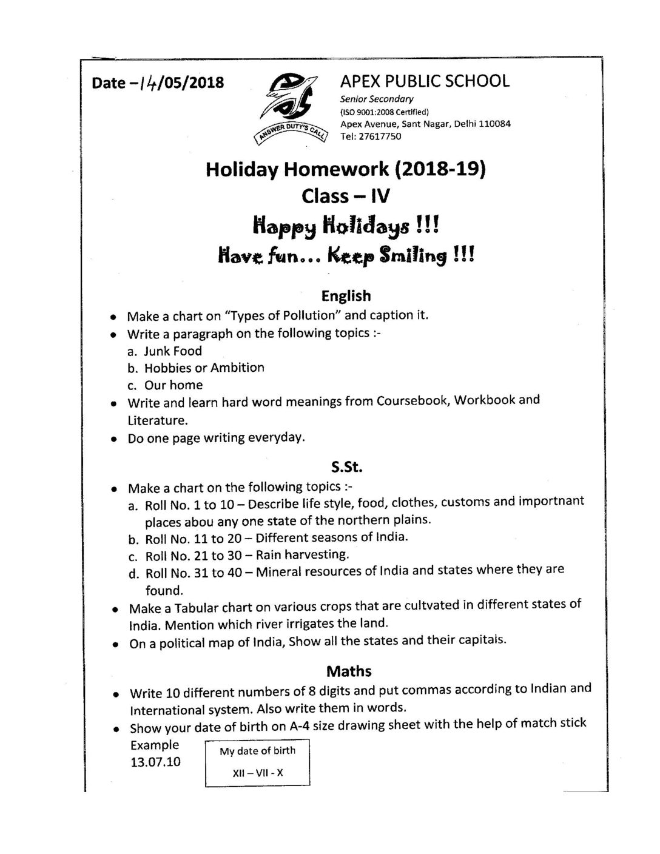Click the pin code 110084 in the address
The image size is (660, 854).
point(494,124)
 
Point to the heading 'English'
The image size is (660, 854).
point(346,296)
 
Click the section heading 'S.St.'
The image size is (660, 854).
point(347,468)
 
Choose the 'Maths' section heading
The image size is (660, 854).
point(349,671)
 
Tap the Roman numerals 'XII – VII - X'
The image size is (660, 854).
point(258,773)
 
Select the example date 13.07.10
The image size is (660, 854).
point(155,762)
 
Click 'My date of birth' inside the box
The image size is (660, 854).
point(258,751)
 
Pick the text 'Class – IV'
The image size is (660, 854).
point(346,196)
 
